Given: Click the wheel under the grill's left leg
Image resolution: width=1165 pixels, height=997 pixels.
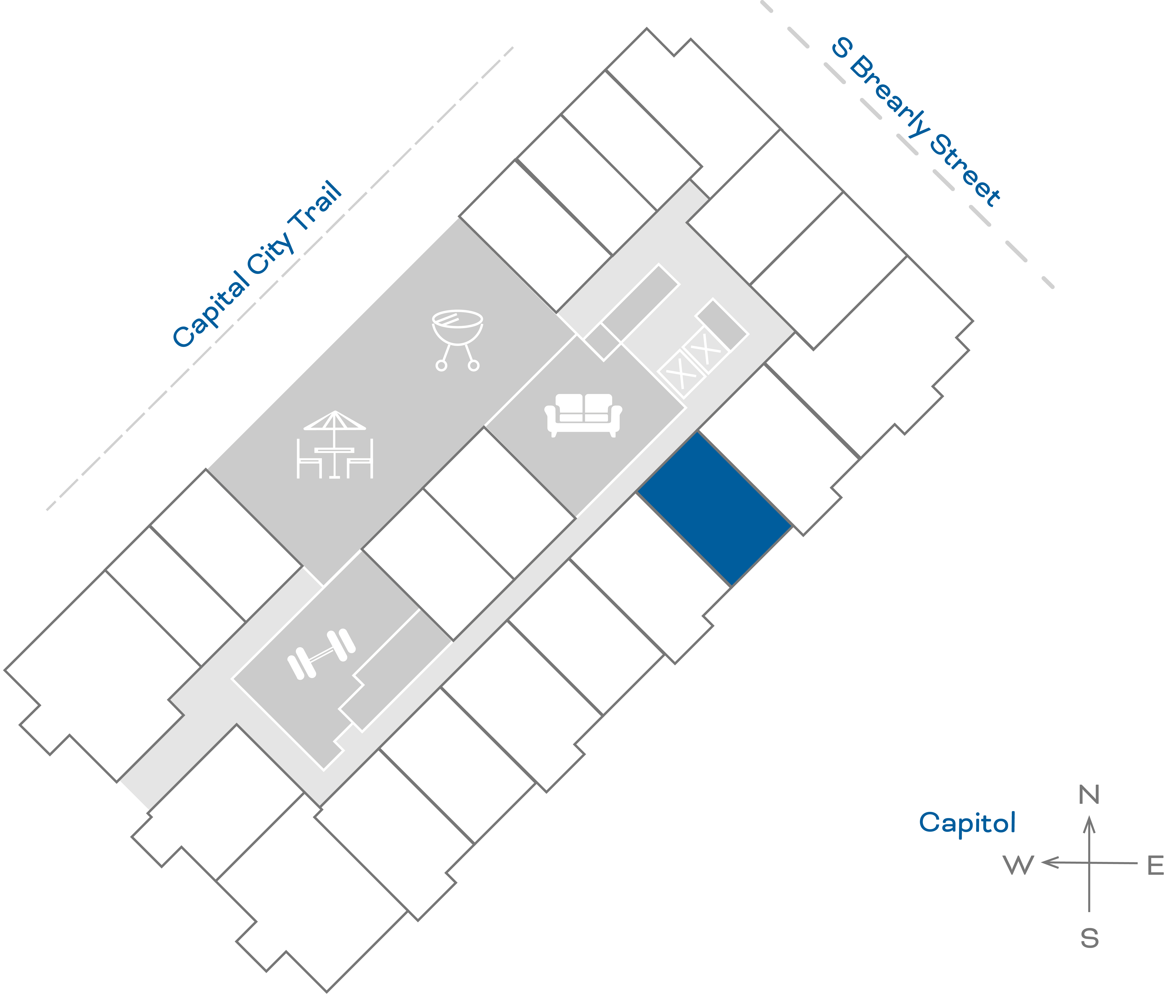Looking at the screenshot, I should (441, 366).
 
